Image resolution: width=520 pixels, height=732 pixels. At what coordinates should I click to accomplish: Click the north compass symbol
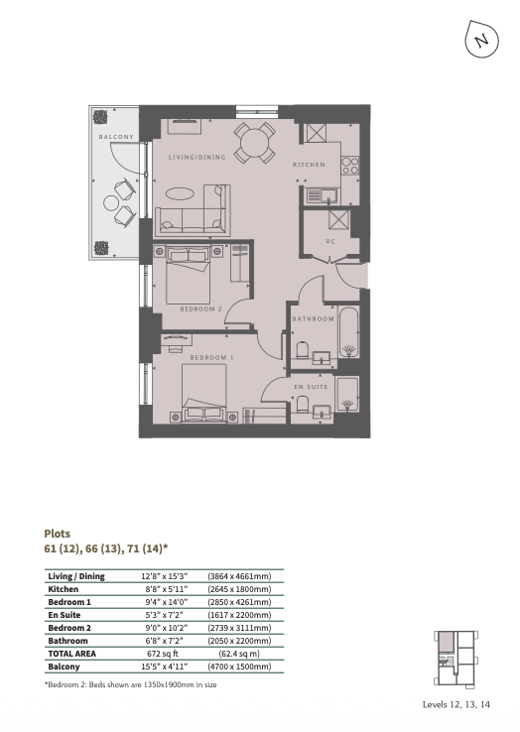click(481, 40)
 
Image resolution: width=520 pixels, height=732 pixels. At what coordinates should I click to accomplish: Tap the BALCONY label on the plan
click(116, 137)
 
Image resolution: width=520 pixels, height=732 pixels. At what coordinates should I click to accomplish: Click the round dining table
click(254, 143)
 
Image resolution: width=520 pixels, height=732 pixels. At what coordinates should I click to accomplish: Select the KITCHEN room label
click(309, 165)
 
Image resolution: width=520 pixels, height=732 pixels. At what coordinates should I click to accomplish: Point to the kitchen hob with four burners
click(350, 166)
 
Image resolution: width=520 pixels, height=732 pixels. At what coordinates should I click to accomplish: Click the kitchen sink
click(322, 195)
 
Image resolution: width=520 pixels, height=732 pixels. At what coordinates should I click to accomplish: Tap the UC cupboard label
click(330, 241)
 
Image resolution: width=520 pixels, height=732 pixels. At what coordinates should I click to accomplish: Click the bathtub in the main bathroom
click(348, 332)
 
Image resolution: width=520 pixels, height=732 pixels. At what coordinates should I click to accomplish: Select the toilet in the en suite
click(303, 405)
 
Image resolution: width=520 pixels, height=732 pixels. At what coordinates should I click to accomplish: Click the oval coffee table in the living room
click(179, 193)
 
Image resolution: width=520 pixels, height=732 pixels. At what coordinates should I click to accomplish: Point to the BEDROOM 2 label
click(200, 309)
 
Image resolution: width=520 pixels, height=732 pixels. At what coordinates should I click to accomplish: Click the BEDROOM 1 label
click(211, 358)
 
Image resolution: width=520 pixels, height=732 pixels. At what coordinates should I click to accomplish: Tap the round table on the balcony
click(112, 203)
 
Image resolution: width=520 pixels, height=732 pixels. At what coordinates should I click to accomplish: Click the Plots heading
click(57, 534)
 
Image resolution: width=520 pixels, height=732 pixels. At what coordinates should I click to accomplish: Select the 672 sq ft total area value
click(163, 654)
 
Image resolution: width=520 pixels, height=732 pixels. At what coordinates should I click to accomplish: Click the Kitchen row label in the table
click(64, 589)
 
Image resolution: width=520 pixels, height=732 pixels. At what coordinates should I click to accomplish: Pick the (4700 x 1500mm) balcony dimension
click(239, 667)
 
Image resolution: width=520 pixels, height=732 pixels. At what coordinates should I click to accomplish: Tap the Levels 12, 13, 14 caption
click(456, 704)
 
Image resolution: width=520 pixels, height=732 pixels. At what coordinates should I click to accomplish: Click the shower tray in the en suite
click(347, 395)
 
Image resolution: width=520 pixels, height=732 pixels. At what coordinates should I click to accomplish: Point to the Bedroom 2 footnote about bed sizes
click(131, 684)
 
